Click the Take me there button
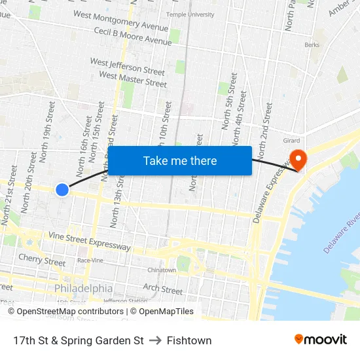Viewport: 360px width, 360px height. pos(180,160)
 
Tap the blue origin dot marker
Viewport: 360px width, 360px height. pos(62,190)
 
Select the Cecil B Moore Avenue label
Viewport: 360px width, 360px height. pos(132,37)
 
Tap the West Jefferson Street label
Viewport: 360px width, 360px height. pos(127,67)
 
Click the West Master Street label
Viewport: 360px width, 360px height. pos(132,79)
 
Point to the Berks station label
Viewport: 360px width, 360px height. pos(312,45)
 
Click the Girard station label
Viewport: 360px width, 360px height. pos(291,141)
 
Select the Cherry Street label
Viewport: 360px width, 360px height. pos(42,259)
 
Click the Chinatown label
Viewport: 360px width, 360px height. pos(161,270)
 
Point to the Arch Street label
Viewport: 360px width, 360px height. pos(162,289)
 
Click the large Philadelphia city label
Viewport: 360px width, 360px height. pos(83,288)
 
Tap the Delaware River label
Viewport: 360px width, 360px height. pos(342,232)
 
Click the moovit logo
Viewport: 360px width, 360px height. pos(320,339)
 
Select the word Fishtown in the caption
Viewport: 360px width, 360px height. pos(189,340)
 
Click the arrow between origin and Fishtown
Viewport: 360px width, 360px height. pos(155,340)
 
